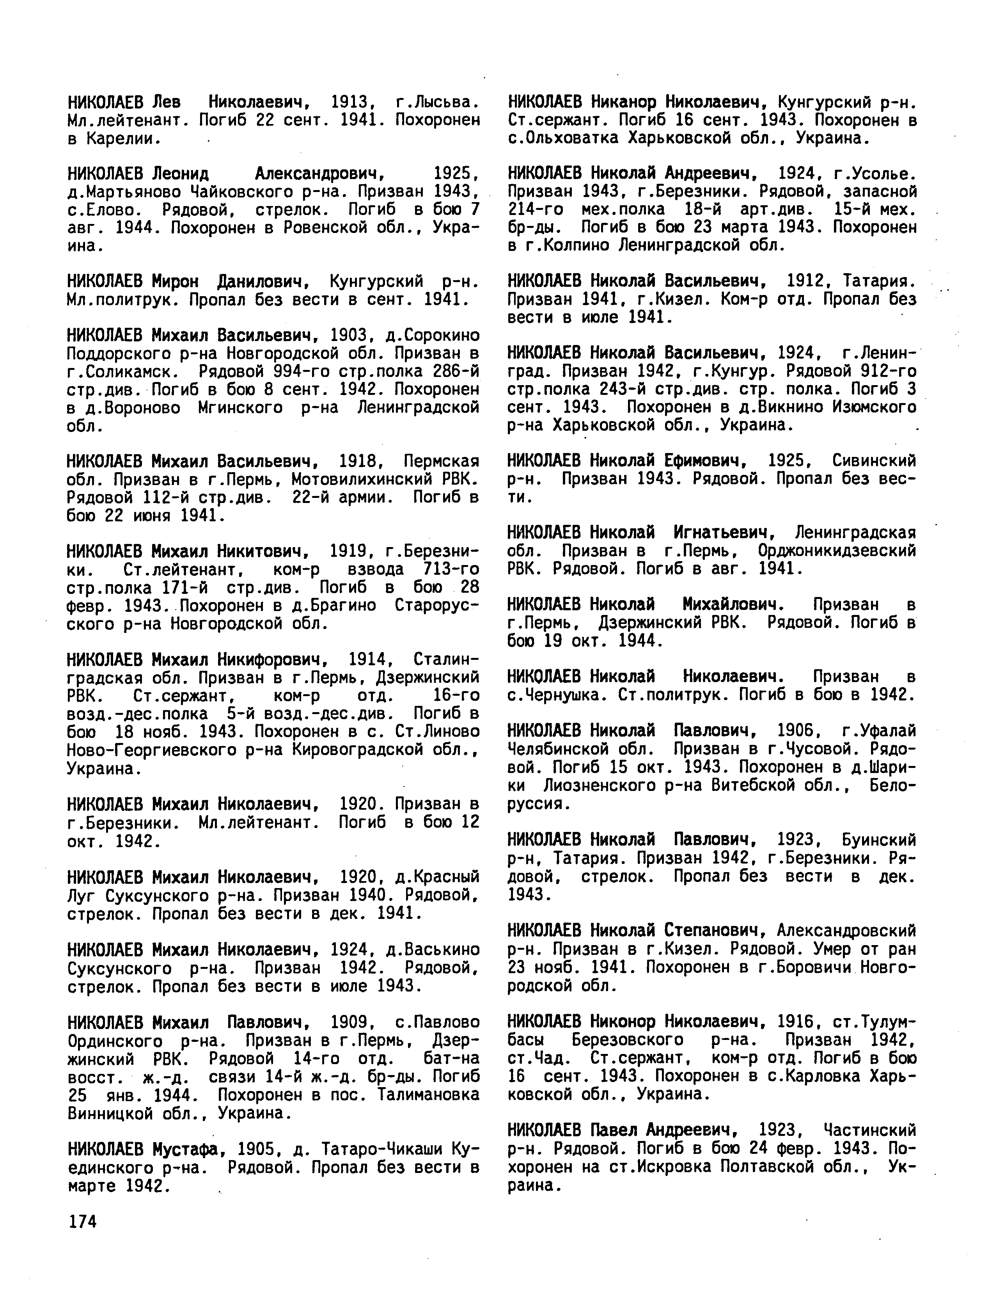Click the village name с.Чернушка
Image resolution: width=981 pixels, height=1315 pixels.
[559, 694]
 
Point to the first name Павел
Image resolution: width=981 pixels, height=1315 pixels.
[615, 1129]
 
